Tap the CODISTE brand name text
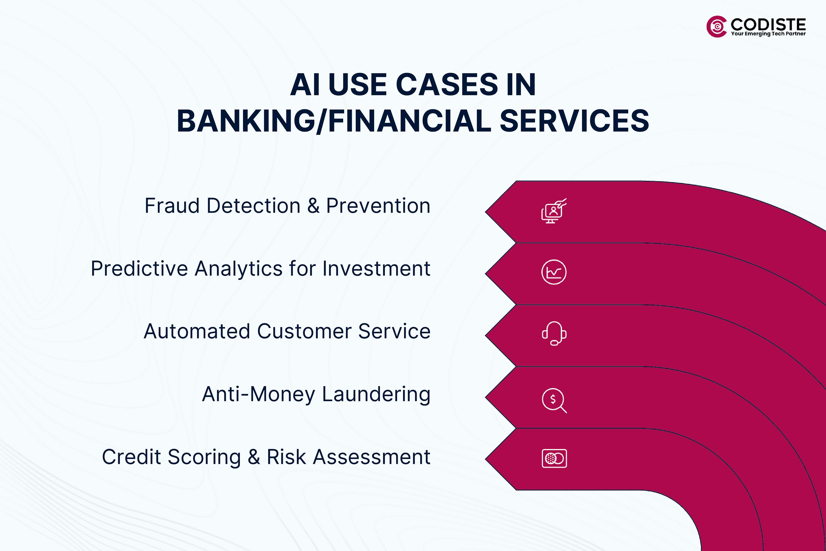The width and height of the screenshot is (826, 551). [x=768, y=24]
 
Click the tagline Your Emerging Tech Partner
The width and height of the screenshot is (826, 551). [x=768, y=34]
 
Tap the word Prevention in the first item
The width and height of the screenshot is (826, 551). [x=378, y=206]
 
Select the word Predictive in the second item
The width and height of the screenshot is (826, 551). [x=139, y=269]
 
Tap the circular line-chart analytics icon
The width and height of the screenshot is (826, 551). [x=554, y=272]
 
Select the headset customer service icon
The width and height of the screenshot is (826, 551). [x=554, y=333]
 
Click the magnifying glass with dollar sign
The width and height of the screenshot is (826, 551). [x=554, y=400]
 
